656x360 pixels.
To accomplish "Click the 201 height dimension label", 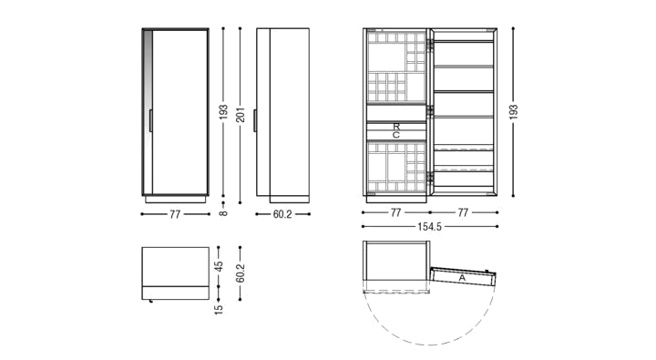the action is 241,113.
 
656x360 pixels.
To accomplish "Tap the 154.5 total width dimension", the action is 429,226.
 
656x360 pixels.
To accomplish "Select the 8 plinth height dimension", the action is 223,213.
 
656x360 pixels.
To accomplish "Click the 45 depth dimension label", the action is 219,266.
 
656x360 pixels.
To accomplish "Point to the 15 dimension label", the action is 219,309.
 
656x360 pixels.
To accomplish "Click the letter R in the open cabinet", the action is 396,126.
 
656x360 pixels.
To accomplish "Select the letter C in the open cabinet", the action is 396,135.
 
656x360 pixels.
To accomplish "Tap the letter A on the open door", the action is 462,278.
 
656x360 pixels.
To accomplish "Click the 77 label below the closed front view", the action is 175,214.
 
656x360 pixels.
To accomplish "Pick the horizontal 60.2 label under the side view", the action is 282,214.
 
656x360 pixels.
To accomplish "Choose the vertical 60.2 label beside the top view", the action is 241,273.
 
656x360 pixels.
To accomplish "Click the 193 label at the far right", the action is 513,112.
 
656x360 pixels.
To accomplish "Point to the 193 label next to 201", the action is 223,112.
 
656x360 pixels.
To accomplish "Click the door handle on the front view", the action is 150,120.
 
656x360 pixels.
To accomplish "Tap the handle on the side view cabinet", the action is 255,120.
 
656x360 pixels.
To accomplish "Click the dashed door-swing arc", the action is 430,345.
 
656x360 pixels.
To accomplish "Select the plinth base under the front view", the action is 175,200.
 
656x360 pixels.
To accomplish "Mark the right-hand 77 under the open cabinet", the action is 463,212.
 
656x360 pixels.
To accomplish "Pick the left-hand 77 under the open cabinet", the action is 395,212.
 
